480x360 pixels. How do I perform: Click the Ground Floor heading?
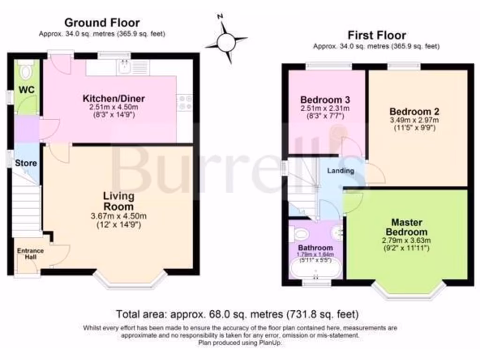[x=102, y=22]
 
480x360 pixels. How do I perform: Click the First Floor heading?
[x=376, y=35]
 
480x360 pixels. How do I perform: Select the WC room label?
[x=27, y=90]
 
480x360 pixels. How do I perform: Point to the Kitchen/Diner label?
[x=114, y=99]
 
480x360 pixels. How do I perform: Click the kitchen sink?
[x=125, y=67]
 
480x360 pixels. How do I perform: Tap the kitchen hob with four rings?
[x=184, y=103]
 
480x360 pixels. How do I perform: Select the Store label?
[x=26, y=164]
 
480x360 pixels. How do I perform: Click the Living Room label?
[x=119, y=201]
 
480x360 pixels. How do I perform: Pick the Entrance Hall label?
[x=30, y=254]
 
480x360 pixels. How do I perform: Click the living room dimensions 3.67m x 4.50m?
[x=119, y=216]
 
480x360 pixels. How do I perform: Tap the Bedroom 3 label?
[x=325, y=100]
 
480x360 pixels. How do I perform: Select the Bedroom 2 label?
[x=414, y=112]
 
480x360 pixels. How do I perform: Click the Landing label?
[x=340, y=171]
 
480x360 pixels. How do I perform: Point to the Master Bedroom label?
[x=407, y=227]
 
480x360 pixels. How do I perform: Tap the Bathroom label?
[x=315, y=247]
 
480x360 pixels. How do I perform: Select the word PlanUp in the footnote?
[x=271, y=343]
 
